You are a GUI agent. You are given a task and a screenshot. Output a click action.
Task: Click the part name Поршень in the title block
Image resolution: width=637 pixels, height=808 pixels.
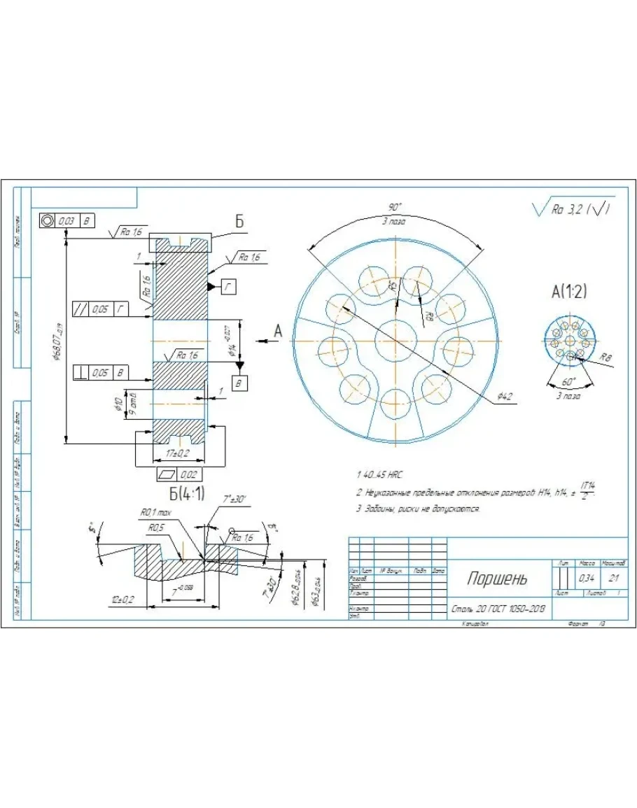pos(497,579)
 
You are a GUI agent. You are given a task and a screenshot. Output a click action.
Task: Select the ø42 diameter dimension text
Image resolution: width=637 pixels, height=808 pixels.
pos(505,397)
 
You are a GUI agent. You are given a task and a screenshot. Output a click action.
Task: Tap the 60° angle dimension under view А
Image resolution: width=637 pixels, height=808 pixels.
pos(568,382)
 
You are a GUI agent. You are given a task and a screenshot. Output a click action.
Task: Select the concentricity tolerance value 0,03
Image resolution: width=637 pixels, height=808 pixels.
pos(67,220)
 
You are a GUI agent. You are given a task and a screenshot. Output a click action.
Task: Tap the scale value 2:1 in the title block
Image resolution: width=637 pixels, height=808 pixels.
pos(614,579)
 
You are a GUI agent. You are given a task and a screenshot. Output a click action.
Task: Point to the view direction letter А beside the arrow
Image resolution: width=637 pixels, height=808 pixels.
pos(277,332)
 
